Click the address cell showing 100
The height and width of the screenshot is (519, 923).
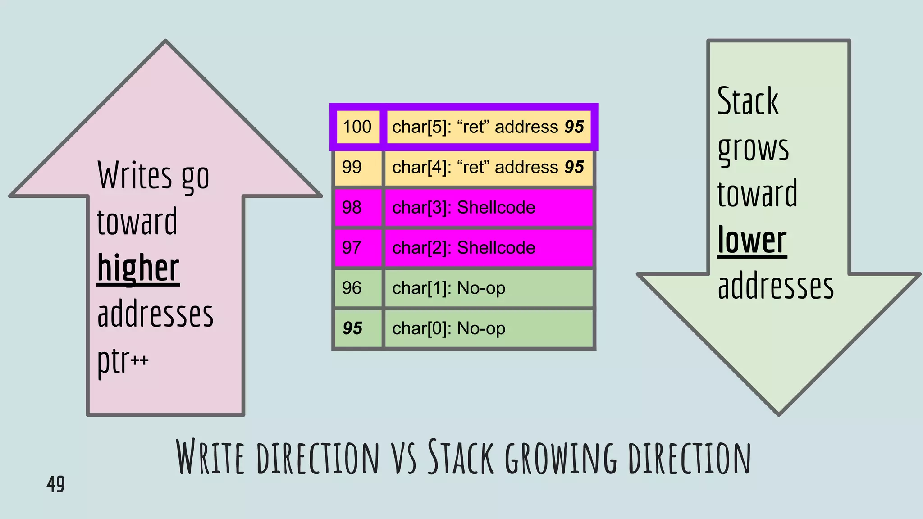pos(357,127)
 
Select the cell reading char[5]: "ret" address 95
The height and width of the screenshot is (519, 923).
pos(488,127)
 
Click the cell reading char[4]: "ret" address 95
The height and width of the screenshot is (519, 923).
pos(488,168)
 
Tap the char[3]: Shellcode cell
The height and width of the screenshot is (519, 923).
pos(488,208)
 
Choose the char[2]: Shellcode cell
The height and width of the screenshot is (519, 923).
pos(488,248)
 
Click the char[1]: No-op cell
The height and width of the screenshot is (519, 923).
pos(488,288)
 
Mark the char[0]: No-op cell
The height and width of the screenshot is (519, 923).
pos(488,328)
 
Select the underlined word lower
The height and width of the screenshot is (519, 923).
pos(752,241)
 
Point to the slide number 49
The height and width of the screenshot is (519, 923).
pos(55,484)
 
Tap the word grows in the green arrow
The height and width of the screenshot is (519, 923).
pos(753,149)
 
